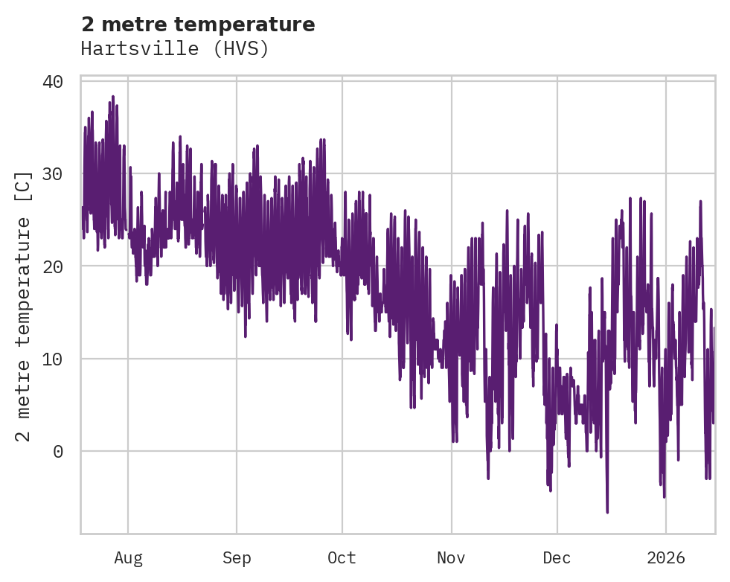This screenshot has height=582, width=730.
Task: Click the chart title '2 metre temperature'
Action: tap(198, 25)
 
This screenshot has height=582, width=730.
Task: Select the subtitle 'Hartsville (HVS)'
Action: tap(174, 49)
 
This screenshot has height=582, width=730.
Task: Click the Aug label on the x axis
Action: tap(128, 557)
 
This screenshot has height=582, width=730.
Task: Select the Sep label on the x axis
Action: tap(237, 557)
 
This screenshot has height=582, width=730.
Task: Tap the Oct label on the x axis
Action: tap(342, 557)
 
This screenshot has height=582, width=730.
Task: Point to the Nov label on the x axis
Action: tap(451, 557)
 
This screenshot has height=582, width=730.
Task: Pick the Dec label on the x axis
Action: tap(557, 557)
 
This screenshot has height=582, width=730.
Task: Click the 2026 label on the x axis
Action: tap(665, 557)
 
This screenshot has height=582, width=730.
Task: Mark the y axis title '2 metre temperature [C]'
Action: tap(24, 305)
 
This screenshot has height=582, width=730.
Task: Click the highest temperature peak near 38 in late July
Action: tap(113, 97)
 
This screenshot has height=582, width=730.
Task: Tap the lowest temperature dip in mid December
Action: tap(607, 511)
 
